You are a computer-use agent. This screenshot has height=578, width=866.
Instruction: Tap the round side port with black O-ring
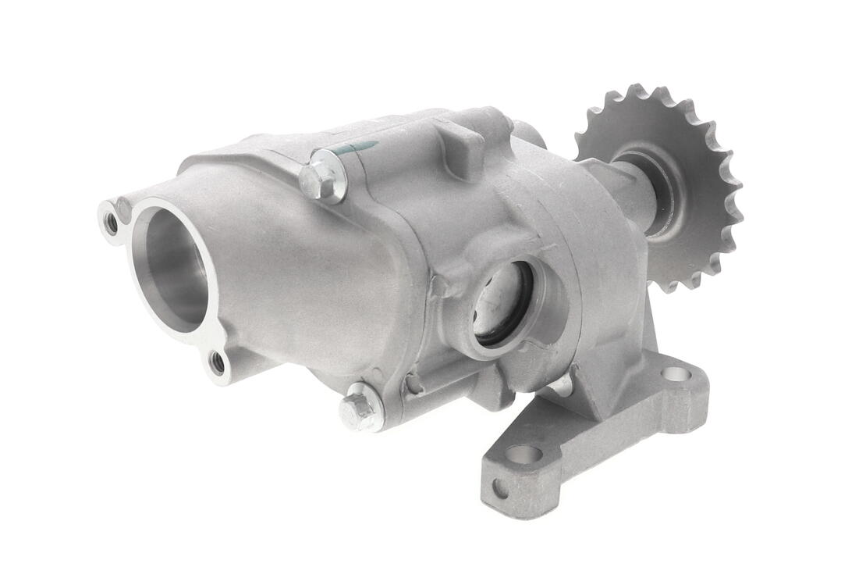(503, 305)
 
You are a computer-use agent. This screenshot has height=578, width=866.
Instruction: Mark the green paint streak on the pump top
(360, 148)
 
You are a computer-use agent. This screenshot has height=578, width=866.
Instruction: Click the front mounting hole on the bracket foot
(524, 454)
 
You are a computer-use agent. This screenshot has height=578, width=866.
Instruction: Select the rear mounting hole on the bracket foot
(675, 374)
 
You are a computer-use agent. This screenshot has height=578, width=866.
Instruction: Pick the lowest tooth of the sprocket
(669, 286)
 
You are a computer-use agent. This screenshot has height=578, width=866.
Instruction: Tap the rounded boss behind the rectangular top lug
(531, 134)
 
